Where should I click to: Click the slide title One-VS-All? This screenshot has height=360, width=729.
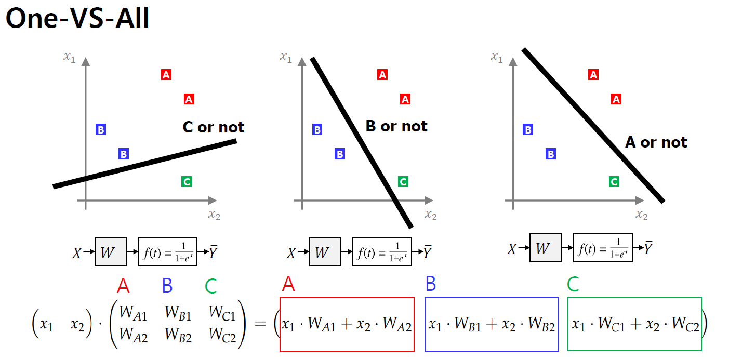coord(77,19)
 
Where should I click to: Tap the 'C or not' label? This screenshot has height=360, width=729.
coord(214,127)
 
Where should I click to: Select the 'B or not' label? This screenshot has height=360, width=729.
coord(396,126)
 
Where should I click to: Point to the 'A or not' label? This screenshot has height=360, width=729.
coord(656,142)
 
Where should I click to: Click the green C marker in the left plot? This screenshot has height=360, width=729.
coord(187,182)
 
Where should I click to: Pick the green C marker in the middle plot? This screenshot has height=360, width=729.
coord(403,182)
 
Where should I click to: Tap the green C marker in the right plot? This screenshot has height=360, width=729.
coord(614,182)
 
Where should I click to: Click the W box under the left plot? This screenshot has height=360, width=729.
coord(110,252)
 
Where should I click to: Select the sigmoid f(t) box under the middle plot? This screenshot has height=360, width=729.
coord(382,252)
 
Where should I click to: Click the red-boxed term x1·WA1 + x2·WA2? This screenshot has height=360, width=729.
coord(347,325)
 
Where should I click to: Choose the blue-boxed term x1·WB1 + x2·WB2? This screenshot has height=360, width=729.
coord(492,325)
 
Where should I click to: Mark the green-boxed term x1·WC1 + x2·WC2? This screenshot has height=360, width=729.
coord(634,325)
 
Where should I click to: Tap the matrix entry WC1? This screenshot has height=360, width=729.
coord(222,313)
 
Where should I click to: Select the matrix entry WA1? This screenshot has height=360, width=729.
coord(133,313)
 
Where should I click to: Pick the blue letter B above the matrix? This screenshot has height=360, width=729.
coord(167,286)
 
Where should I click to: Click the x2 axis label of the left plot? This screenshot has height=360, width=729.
coord(214,215)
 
